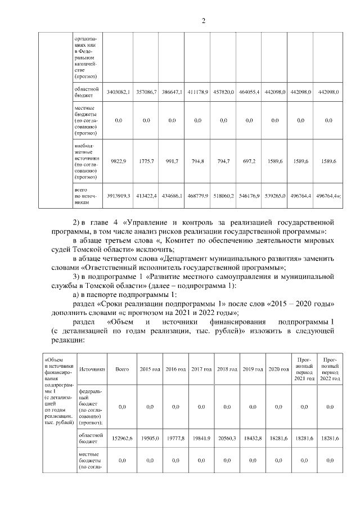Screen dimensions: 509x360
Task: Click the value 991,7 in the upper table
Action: (x=172, y=161)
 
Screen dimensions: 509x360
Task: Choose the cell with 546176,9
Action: (x=249, y=195)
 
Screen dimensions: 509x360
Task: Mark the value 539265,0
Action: (x=274, y=195)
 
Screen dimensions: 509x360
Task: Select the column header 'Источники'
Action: (x=92, y=369)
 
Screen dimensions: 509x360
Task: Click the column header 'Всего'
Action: (x=122, y=369)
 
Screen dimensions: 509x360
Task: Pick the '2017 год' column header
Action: (x=201, y=369)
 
